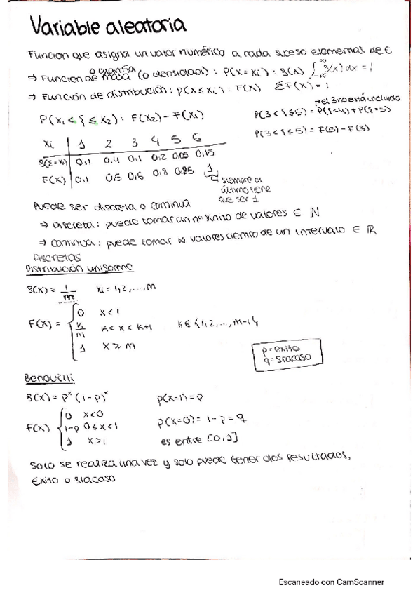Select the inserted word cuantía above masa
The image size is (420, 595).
click(x=113, y=68)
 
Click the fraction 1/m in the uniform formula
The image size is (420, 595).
click(x=68, y=294)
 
